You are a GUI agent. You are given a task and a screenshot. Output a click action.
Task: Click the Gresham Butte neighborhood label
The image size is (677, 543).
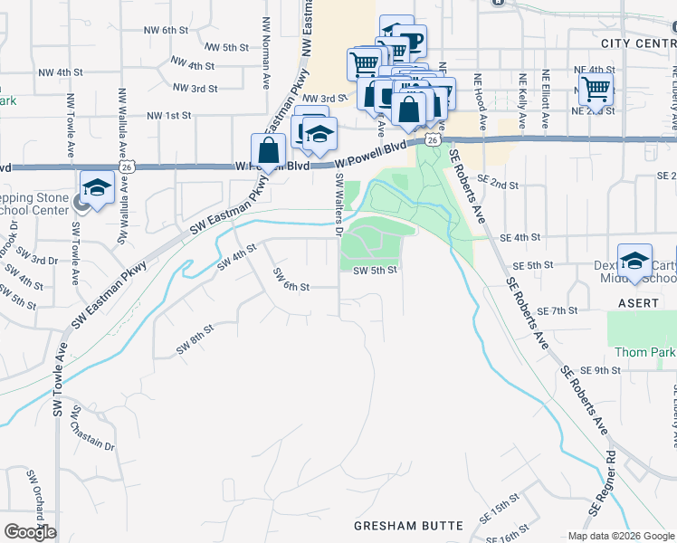(x=408, y=525)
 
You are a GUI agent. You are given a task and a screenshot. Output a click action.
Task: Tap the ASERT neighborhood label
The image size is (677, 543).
(x=638, y=303)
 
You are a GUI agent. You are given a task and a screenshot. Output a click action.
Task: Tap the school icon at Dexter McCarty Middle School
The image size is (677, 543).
(x=635, y=262)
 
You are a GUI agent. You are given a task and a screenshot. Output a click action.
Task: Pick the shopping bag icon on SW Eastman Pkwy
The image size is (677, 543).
(x=269, y=151)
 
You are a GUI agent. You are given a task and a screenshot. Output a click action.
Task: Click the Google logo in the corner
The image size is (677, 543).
(x=30, y=532)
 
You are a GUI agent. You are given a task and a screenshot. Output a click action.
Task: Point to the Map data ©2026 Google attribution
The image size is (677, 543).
(x=621, y=536)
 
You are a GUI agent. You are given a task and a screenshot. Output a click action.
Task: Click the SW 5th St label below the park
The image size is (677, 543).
(x=375, y=270)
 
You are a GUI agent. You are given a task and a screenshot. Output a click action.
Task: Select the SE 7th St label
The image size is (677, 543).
(x=558, y=310)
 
